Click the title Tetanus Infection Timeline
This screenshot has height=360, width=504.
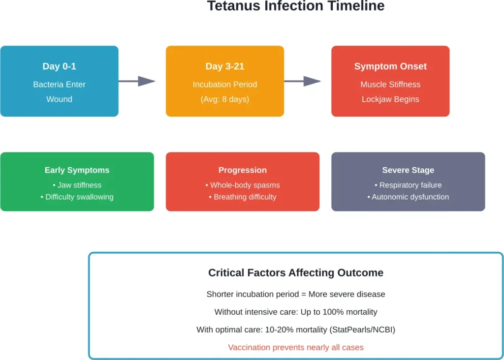click(295, 6)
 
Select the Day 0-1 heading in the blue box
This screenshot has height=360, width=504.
click(59, 66)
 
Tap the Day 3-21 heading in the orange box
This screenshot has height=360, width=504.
click(224, 66)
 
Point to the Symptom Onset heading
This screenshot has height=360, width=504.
click(390, 66)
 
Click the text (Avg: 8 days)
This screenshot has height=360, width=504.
click(224, 99)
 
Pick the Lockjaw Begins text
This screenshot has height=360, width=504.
click(390, 99)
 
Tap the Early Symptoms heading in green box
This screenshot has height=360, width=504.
click(77, 170)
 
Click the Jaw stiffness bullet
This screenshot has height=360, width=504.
click(77, 185)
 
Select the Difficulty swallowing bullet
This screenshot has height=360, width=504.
click(77, 197)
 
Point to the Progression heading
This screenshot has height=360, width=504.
click(243, 170)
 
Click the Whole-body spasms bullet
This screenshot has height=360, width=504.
click(243, 185)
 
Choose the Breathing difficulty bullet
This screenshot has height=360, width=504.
click(243, 197)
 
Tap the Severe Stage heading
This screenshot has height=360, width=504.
click(408, 170)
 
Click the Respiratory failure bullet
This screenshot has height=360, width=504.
click(408, 185)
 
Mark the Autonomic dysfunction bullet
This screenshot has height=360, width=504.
click(408, 197)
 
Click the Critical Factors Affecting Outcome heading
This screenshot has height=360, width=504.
click(295, 273)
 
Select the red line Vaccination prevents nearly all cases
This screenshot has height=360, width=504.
click(295, 347)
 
